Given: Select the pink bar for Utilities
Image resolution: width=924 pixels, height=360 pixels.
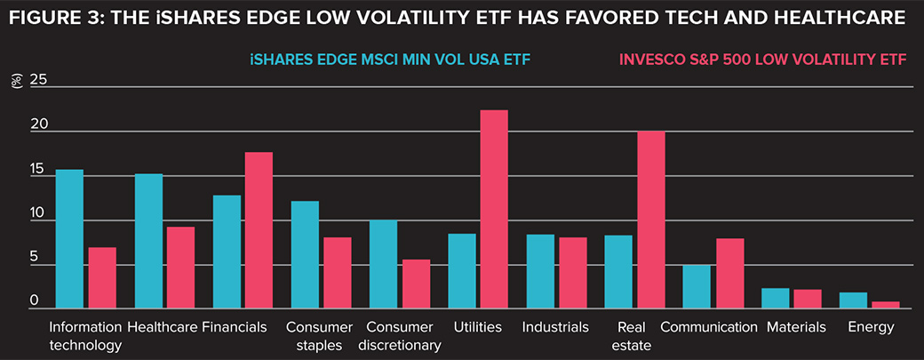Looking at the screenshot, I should (494, 209).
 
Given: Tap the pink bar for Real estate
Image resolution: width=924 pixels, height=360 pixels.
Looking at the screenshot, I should (650, 219).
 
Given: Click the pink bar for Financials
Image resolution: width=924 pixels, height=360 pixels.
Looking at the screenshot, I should (259, 230).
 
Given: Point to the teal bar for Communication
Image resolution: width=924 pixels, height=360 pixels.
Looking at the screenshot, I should (697, 286).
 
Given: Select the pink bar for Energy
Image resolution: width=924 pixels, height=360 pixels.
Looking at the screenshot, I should (885, 305).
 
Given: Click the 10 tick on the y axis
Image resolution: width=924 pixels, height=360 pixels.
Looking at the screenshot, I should (36, 214).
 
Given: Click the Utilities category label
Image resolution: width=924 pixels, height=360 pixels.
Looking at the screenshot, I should (477, 327).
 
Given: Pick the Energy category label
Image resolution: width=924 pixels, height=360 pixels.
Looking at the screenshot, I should (870, 327).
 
